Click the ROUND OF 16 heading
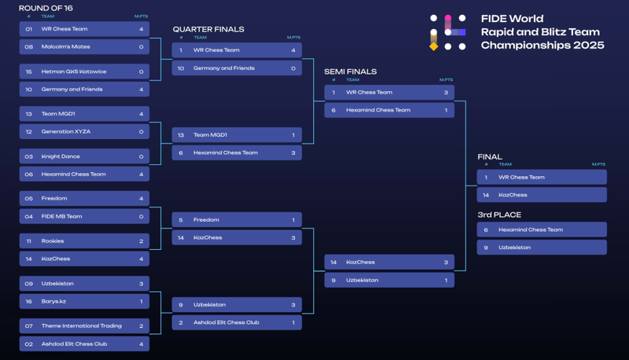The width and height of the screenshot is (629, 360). (x=46, y=8)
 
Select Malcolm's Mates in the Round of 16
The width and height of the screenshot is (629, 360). (x=65, y=47)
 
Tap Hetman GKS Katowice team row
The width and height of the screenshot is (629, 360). (x=73, y=72)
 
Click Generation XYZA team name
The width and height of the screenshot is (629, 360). (x=66, y=132)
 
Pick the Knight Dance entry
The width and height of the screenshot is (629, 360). (x=61, y=156)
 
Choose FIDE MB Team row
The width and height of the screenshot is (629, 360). (x=61, y=217)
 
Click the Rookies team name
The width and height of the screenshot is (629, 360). (x=53, y=241)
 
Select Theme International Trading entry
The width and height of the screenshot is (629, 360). (x=79, y=326)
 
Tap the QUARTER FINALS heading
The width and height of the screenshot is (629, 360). (x=208, y=29)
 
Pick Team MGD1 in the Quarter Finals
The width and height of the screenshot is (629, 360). (x=210, y=135)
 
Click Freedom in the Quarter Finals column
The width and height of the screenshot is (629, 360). (x=206, y=220)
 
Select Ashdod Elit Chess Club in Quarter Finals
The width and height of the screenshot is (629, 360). (x=226, y=323)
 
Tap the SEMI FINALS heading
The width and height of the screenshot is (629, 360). (x=350, y=72)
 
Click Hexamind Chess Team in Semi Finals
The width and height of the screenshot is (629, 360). (x=378, y=111)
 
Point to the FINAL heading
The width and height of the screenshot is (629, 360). (x=489, y=157)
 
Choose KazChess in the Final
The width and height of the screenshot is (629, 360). (x=513, y=195)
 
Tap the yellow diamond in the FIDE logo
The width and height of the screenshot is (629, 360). (x=433, y=46)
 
